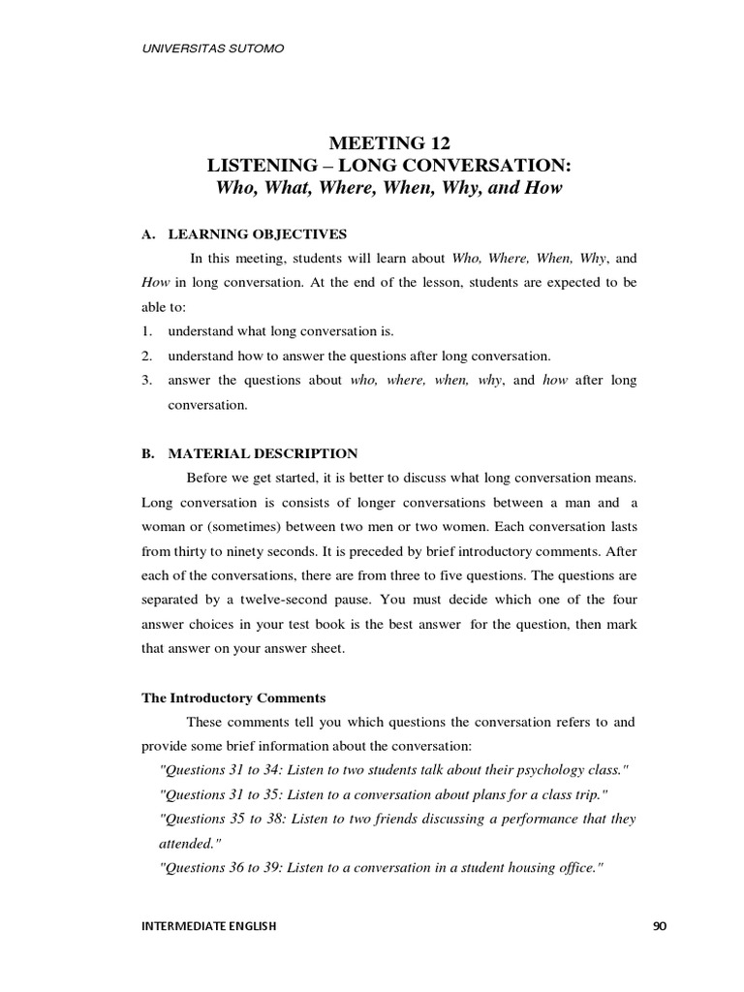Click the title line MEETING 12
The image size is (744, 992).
(x=387, y=143)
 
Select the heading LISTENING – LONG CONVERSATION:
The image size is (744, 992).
(x=388, y=166)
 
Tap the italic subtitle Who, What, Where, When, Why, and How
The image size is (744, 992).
(x=388, y=188)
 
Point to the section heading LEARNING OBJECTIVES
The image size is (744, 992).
(x=257, y=234)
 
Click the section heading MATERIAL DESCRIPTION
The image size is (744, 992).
(x=263, y=452)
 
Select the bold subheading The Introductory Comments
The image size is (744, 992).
(x=233, y=697)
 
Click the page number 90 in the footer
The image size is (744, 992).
(x=660, y=926)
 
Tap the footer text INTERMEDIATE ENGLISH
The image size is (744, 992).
(x=209, y=926)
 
